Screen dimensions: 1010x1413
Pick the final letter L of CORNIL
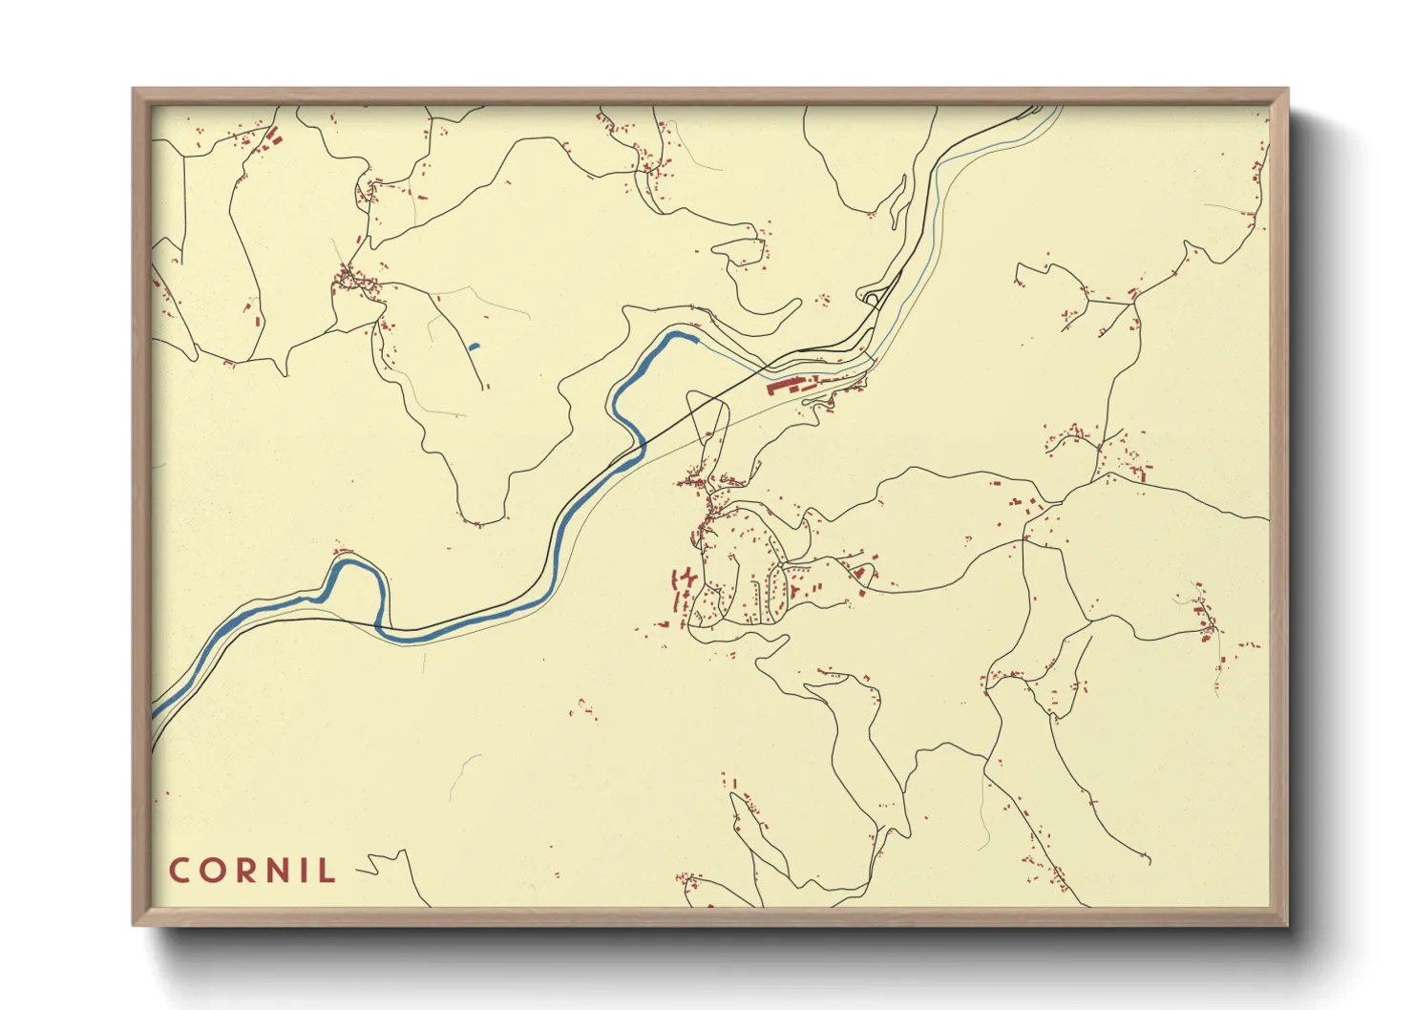328,871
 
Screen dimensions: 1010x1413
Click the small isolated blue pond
475,346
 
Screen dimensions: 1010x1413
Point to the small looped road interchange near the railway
872,299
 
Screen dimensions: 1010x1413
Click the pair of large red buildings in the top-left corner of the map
273,138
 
